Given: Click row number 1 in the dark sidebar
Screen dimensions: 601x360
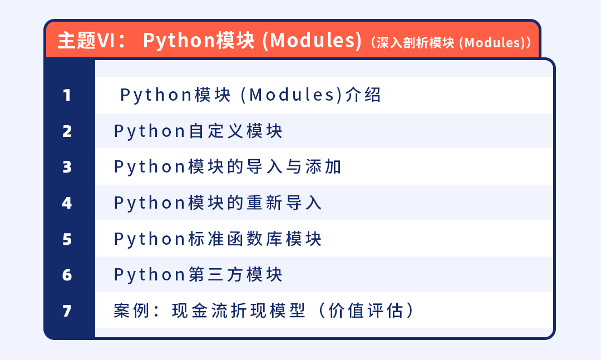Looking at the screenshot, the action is tap(67, 95).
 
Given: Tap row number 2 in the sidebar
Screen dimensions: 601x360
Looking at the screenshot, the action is tap(67, 131).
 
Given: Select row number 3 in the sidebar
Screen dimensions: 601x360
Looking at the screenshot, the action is tap(67, 167).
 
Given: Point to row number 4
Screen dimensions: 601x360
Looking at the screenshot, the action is tap(67, 203).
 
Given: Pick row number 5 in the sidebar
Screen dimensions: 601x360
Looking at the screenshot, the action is tap(67, 239).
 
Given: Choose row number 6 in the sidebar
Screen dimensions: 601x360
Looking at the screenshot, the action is tap(67, 274).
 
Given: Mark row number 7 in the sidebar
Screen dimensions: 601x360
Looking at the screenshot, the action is tap(67, 310).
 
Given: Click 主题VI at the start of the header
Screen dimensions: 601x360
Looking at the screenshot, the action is tap(87, 40).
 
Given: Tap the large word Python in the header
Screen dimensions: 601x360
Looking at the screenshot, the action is tap(179, 40).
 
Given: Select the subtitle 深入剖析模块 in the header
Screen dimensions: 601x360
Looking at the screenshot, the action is tap(415, 42).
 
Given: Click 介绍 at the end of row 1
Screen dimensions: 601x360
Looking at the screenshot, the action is tap(363, 95).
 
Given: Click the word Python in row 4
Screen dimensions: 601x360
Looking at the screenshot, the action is tap(150, 203).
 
